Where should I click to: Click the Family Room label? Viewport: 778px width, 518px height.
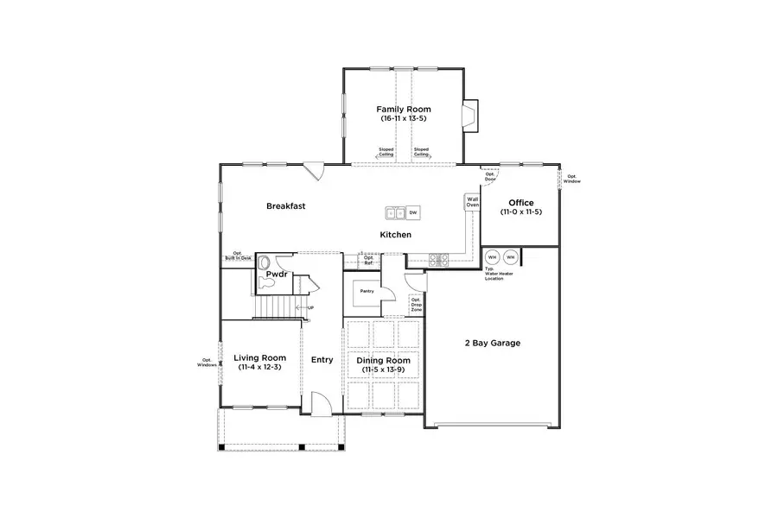403,110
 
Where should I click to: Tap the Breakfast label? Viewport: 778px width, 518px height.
285,206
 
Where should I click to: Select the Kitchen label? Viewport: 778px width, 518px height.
396,235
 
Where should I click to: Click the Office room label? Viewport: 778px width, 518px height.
521,204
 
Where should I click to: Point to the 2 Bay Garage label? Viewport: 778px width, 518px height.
493,343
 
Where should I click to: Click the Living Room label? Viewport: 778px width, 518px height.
260,357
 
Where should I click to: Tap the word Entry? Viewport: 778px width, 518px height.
322,360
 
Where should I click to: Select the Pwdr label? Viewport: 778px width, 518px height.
276,275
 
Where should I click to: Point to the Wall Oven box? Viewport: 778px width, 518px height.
473,201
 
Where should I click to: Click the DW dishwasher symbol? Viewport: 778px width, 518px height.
413,212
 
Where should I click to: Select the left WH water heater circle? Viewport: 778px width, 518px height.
492,256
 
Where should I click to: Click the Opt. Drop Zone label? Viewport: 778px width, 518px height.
416,305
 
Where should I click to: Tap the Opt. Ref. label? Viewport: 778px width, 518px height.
368,259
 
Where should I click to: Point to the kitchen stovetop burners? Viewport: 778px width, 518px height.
437,257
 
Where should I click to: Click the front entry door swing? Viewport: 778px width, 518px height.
319,403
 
